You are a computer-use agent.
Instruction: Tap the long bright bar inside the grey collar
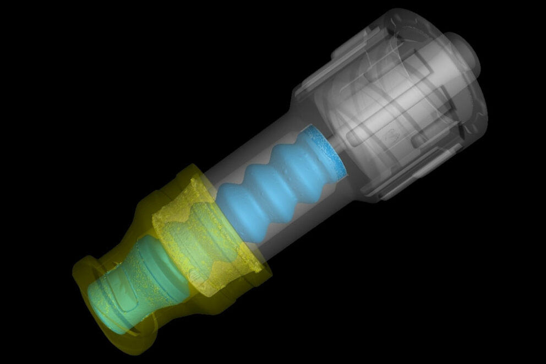pos(385,110)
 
